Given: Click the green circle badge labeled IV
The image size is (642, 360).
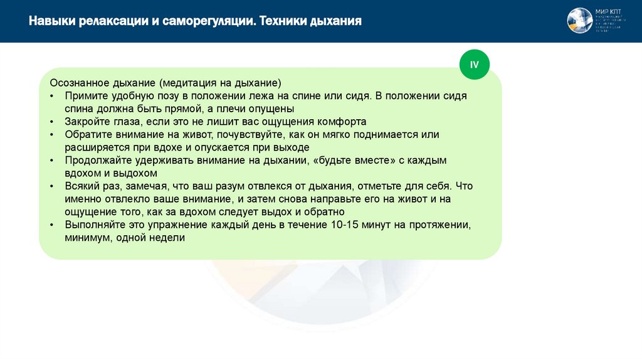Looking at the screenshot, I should point(474,65).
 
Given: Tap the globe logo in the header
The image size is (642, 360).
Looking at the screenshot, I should point(580,21).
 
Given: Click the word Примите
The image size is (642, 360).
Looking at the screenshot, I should point(86,96).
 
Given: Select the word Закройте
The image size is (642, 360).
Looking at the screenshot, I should point(89,122).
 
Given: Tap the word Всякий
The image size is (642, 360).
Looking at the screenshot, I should point(83,186).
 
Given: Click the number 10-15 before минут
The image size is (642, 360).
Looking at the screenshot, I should point(344,225).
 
